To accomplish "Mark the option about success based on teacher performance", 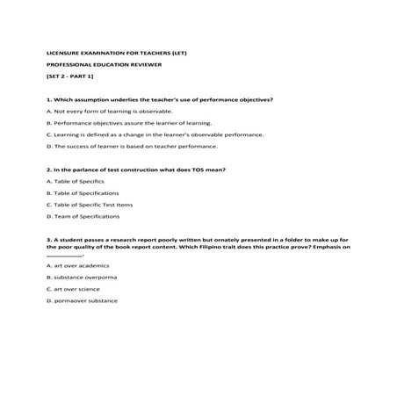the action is [125, 148].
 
